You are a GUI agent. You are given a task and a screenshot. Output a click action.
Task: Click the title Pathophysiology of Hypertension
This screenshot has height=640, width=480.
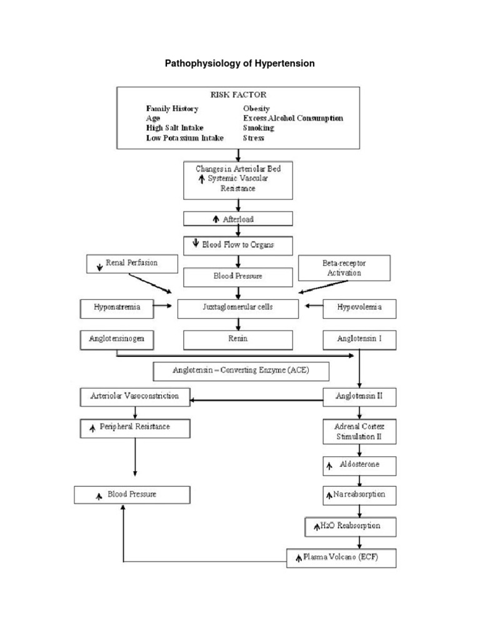tap(239, 64)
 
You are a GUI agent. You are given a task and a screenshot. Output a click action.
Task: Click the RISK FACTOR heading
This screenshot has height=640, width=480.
tap(237, 96)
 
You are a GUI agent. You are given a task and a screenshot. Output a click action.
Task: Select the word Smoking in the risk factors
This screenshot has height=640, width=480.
tap(258, 127)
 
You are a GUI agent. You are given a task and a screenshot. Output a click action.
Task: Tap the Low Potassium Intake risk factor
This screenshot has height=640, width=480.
tap(184, 138)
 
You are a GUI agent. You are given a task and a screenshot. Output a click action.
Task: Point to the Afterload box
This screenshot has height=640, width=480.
tap(237, 219)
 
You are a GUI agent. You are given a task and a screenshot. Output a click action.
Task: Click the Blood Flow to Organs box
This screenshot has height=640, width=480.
tap(237, 245)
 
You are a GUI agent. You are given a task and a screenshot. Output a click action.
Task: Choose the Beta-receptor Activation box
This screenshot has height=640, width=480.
tap(344, 268)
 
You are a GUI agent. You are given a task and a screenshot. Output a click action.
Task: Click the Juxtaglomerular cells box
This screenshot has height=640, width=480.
tap(237, 307)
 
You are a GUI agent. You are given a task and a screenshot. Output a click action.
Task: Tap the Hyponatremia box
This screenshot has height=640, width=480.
tap(117, 307)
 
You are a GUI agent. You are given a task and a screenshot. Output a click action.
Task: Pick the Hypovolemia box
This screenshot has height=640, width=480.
tap(359, 307)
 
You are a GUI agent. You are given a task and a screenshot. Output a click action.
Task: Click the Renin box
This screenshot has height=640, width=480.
tap(237, 339)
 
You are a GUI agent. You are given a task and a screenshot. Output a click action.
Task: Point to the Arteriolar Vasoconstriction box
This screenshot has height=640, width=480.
tap(135, 396)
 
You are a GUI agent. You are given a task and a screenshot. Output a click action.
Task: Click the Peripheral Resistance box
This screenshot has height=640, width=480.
tap(135, 428)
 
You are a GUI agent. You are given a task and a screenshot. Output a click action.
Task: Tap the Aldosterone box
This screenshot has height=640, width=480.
tap(359, 466)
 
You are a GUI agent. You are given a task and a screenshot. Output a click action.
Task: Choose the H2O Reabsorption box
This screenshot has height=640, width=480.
tap(350, 526)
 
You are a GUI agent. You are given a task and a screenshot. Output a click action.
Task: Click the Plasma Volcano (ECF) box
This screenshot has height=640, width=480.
tap(341, 557)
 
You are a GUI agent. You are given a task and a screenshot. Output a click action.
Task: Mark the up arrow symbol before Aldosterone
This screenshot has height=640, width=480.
tap(329, 466)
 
